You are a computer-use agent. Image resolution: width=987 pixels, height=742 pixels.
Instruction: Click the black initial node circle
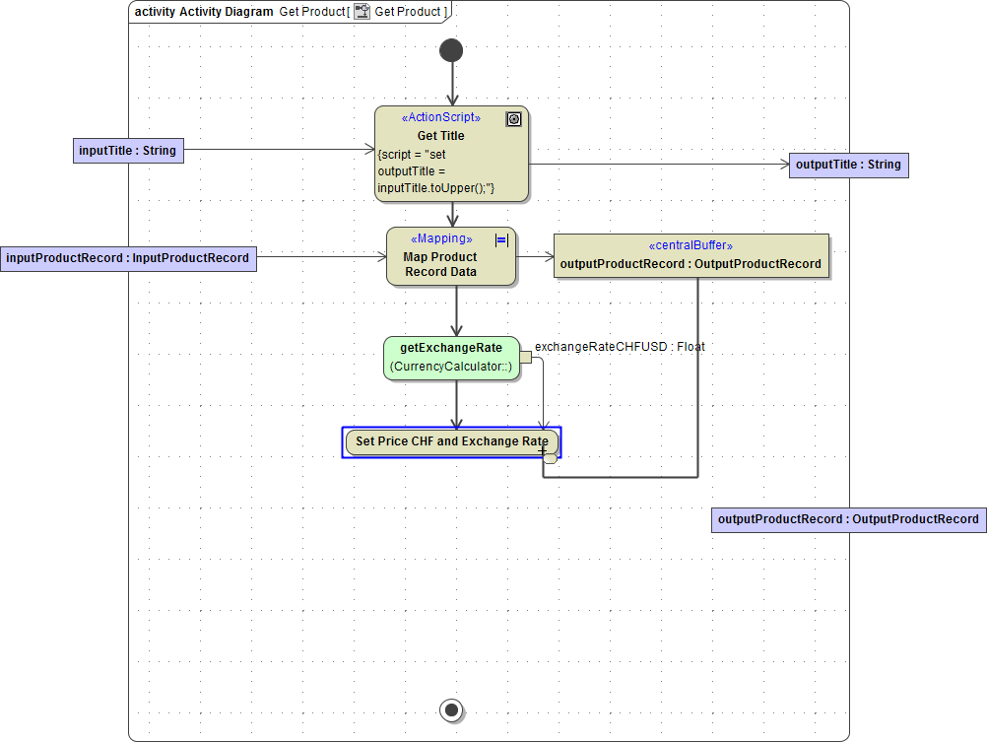(451, 50)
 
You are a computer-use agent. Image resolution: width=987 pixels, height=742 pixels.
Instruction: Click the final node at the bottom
(452, 709)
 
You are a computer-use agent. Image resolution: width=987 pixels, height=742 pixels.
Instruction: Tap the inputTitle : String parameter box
(128, 151)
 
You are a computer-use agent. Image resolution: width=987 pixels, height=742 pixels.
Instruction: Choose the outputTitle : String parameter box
(848, 165)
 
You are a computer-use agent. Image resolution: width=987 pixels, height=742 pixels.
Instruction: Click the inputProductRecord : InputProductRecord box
(128, 258)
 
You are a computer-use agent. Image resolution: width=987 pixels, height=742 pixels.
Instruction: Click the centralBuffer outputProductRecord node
(691, 257)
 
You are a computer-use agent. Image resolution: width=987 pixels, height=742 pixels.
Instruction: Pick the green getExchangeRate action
(451, 358)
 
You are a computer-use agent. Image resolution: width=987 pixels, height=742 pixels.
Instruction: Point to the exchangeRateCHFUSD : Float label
(620, 347)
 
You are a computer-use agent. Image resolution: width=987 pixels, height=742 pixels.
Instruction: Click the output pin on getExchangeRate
(525, 358)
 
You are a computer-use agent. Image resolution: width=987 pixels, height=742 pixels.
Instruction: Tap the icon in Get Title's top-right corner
(513, 119)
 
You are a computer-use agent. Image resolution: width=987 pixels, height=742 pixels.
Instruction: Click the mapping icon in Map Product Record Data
(501, 239)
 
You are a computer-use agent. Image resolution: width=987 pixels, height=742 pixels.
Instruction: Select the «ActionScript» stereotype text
(441, 117)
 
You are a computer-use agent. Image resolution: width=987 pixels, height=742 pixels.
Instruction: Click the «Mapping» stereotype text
(441, 238)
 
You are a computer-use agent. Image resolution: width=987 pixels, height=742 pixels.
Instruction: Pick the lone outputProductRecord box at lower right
(848, 519)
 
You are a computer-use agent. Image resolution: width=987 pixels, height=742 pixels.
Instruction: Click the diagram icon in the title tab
(362, 12)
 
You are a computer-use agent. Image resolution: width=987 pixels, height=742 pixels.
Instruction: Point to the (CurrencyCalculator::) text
(451, 368)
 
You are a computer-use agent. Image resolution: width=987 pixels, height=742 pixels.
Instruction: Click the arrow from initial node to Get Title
(452, 84)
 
